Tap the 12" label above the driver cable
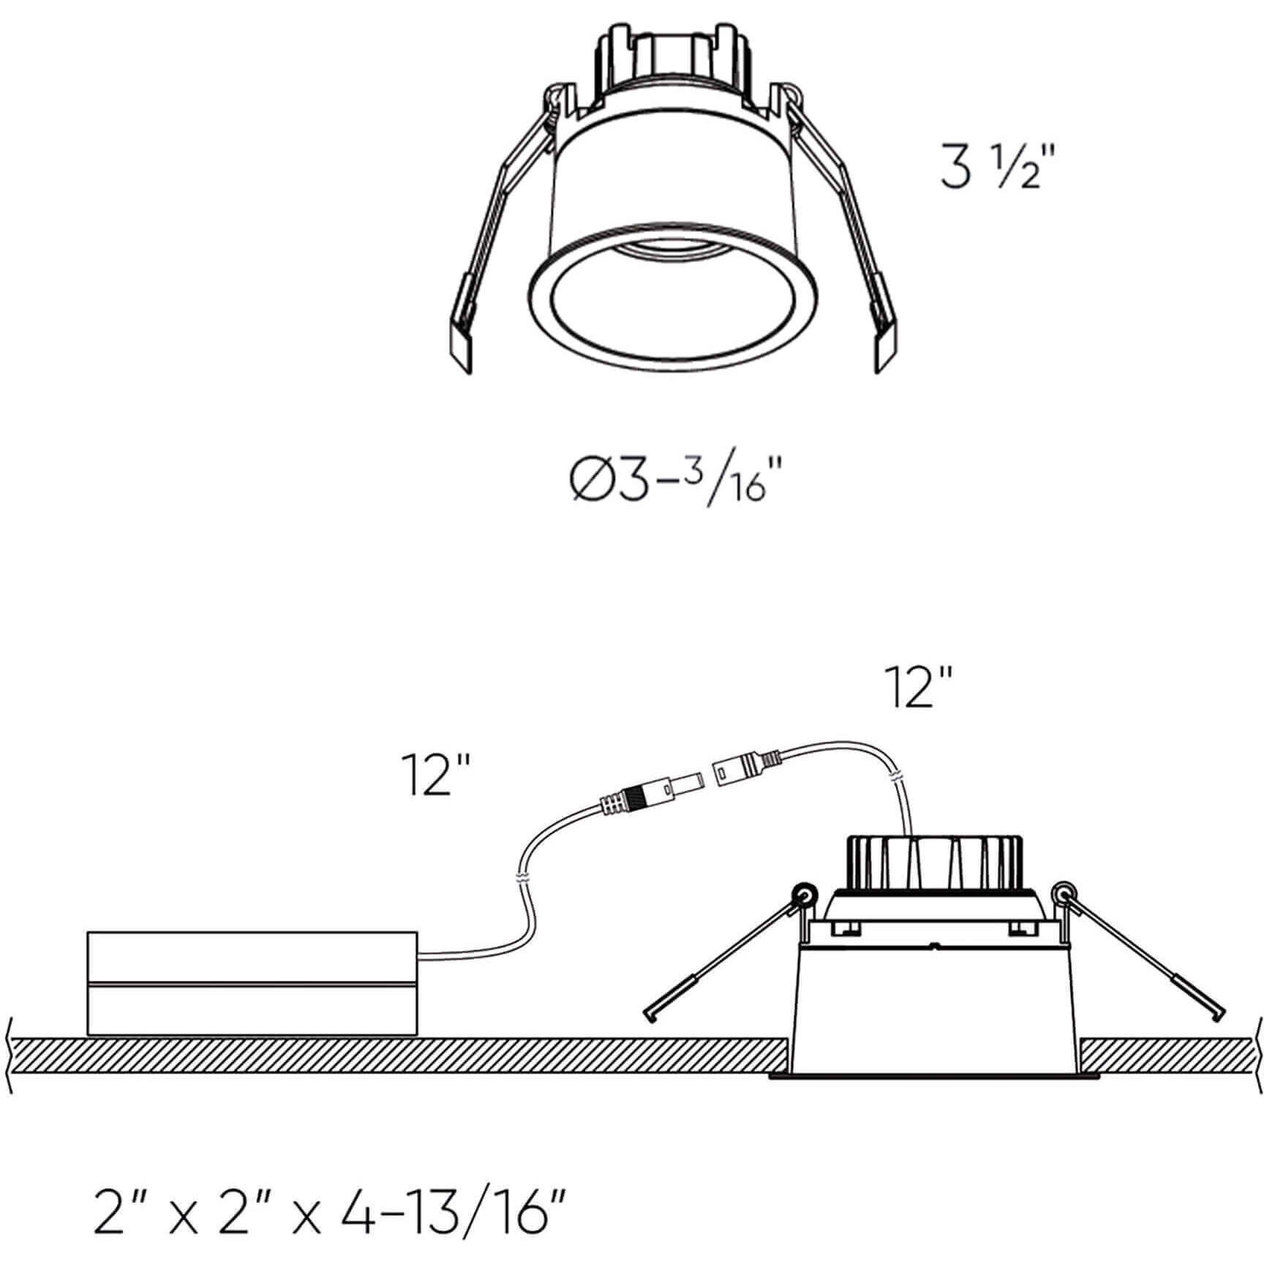[x=434, y=776]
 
